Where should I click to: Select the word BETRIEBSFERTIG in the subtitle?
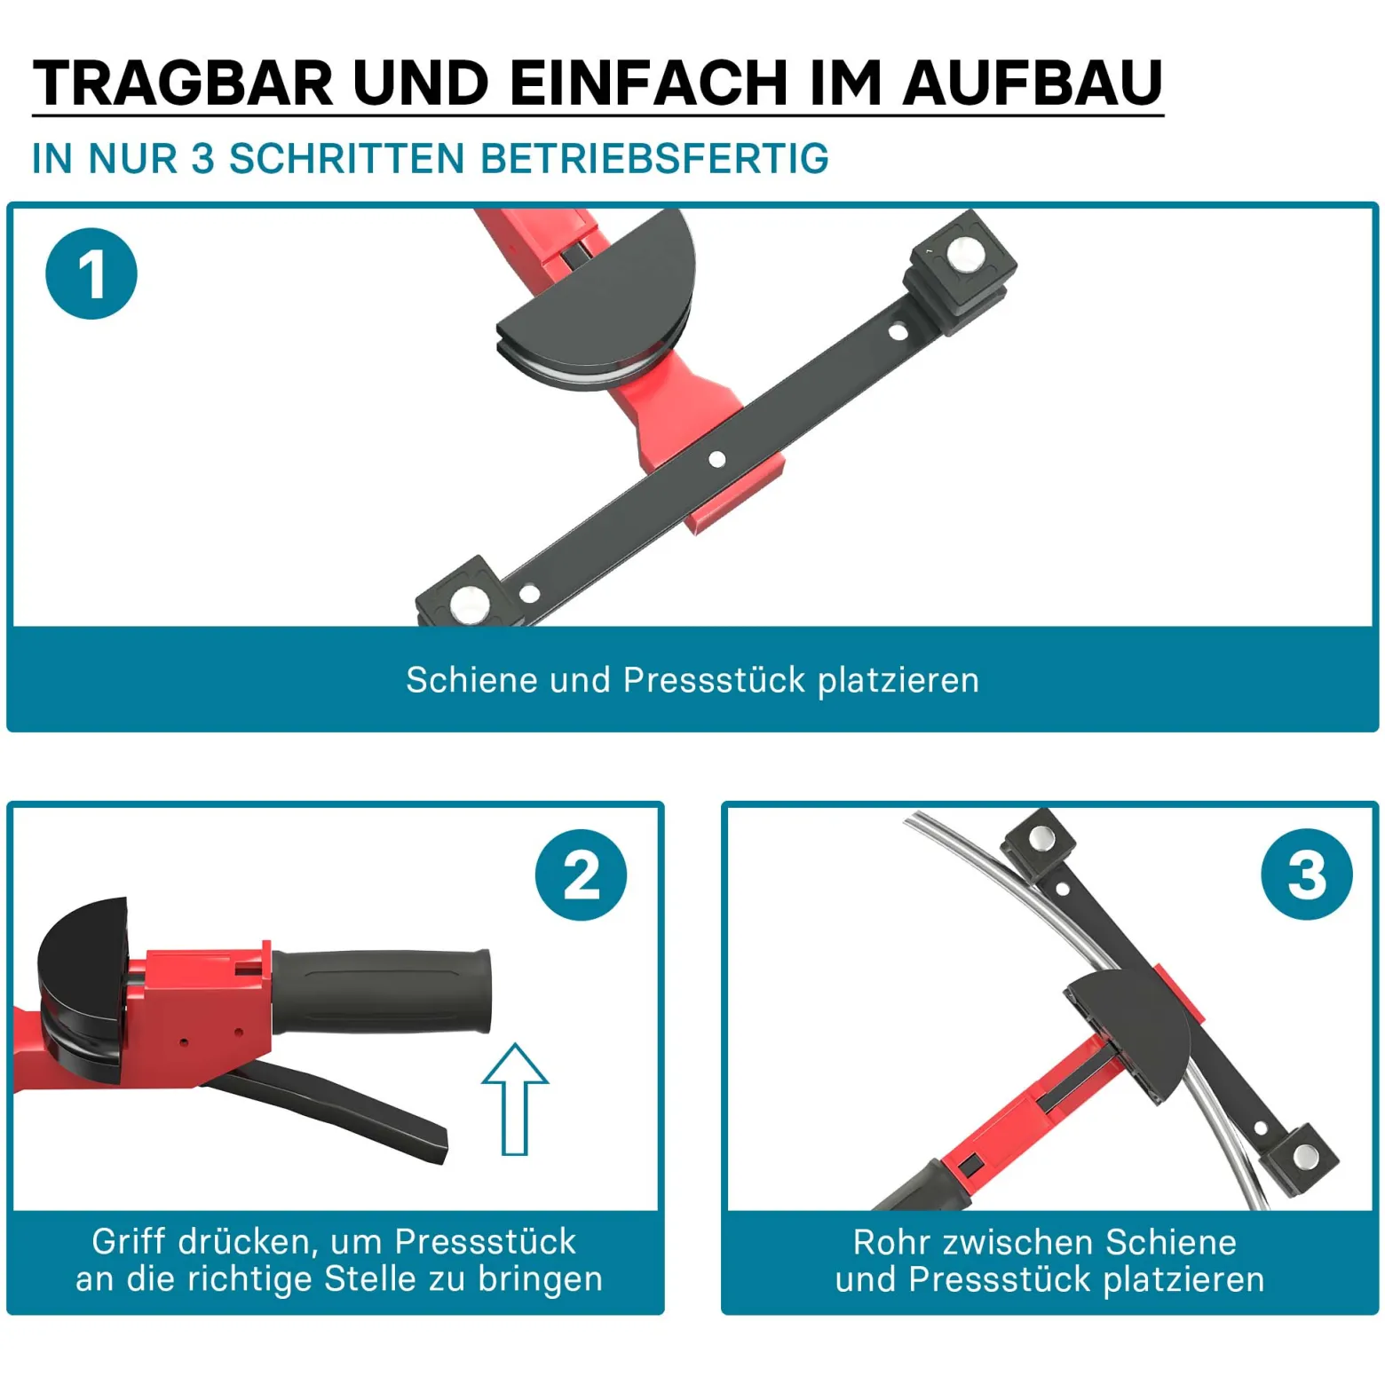point(654,159)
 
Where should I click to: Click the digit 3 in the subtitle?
point(203,159)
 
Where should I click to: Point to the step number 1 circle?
point(91,273)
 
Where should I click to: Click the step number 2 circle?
point(582,875)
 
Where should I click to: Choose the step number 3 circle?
point(1307,875)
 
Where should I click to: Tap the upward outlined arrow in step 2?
point(515,1099)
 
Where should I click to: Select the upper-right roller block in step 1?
point(960,271)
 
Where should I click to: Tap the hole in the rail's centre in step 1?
point(716,459)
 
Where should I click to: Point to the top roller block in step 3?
point(1038,843)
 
